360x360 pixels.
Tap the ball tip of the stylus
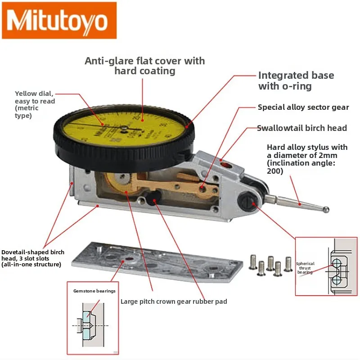(326, 209)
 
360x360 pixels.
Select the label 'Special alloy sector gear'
(303, 108)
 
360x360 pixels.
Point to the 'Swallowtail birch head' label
(302, 128)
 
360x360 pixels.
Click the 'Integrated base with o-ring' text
(296, 81)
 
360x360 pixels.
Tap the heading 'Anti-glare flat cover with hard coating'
(144, 66)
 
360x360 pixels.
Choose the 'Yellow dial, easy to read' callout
(34, 104)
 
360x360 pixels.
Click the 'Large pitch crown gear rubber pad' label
(174, 301)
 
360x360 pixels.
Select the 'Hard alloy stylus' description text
(307, 159)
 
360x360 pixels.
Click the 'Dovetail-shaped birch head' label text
(33, 258)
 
